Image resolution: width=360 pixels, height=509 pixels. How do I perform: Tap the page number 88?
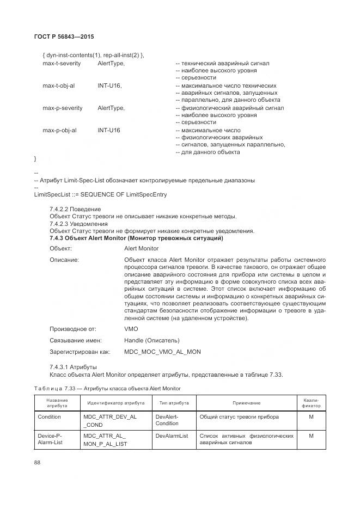38,462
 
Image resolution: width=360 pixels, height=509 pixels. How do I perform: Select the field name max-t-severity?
62,64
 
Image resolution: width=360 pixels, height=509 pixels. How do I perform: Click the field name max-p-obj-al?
59,131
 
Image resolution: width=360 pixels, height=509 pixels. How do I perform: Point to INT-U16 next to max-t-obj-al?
110,86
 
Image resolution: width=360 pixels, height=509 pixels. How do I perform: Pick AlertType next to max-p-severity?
111,108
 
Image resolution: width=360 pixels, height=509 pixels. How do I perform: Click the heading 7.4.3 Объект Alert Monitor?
136,238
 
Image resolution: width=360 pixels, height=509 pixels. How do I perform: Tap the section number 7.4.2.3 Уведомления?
78,224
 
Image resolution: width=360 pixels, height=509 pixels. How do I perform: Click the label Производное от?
72,329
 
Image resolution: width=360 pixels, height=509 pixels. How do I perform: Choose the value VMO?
131,329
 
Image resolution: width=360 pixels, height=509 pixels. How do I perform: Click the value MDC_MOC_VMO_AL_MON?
162,352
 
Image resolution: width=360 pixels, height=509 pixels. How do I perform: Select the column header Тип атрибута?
174,403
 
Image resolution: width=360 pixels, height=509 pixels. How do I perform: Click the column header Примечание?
246,403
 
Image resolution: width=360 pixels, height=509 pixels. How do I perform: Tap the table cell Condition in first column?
50,416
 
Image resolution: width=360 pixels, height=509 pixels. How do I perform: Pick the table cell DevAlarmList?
172,436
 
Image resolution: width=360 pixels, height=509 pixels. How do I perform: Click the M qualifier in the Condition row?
311,416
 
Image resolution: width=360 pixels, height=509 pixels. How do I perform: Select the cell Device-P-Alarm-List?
50,439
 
